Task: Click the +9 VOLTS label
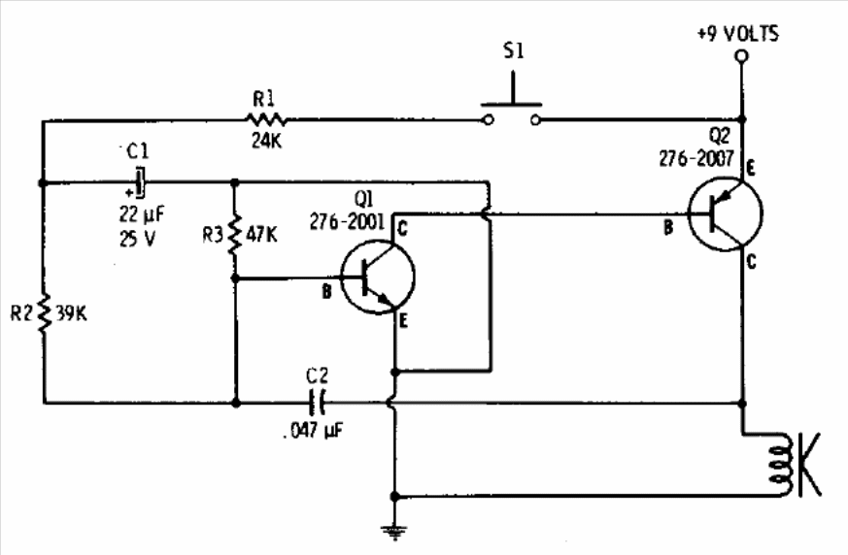coord(737,34)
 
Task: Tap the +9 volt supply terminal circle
coord(742,56)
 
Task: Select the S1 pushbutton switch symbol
coord(512,103)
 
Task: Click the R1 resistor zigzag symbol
coord(265,119)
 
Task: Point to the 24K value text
coord(266,141)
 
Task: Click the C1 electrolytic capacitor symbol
coord(140,183)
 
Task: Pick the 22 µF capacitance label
coord(142,214)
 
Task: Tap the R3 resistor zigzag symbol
coord(235,235)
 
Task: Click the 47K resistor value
coord(261,235)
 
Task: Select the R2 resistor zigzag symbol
coord(44,313)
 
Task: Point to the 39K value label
coord(71,314)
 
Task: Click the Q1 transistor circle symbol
coord(378,277)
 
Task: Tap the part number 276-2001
coord(347,221)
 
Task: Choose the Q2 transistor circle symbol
coord(726,214)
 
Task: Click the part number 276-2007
coord(696,158)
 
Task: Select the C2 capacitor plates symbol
coord(317,403)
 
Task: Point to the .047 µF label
coord(313,431)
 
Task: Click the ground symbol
coord(394,532)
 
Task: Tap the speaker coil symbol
coord(783,465)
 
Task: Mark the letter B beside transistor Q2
coord(668,228)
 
